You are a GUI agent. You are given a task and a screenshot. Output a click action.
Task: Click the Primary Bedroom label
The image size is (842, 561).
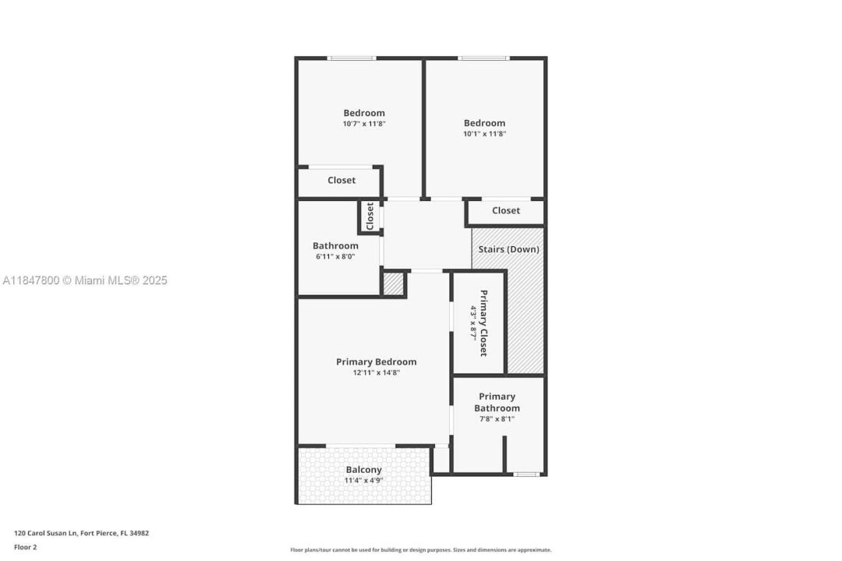point(376,362)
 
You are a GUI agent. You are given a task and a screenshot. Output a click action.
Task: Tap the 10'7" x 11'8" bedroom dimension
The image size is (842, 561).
point(364,124)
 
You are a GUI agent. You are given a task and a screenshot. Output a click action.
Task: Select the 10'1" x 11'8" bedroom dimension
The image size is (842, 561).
point(484,134)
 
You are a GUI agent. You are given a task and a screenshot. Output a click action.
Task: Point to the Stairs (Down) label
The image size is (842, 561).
point(508,249)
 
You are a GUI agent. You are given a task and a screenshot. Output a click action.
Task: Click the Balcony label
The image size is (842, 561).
point(363,470)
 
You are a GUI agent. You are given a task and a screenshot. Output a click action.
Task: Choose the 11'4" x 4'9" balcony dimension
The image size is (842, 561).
point(363,481)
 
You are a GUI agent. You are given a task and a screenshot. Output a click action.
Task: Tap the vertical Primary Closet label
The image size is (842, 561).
point(483,323)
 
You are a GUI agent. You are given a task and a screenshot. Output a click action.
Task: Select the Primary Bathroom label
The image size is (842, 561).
point(497,402)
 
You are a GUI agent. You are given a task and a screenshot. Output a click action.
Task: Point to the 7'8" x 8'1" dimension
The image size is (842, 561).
point(497,418)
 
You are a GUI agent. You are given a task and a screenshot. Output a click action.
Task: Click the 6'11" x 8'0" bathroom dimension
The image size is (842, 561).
point(335,256)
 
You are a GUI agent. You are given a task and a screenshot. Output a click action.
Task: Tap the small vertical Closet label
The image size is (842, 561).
point(370,216)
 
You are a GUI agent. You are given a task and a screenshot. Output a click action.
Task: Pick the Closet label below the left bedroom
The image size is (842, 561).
point(341,181)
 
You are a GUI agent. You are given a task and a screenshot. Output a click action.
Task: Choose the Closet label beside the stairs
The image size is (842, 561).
point(506,210)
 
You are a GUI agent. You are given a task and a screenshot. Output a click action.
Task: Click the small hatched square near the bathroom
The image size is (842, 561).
point(393,284)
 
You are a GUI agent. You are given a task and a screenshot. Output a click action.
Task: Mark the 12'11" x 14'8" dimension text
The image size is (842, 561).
point(376,372)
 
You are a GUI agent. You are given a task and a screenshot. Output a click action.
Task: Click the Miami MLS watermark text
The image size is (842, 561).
point(85,280)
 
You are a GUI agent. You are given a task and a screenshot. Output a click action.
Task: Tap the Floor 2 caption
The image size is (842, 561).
point(25,548)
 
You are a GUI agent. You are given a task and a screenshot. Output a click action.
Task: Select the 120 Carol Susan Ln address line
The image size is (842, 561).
point(82,534)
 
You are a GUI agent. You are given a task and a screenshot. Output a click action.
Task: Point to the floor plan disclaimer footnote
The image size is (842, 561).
point(421,550)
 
